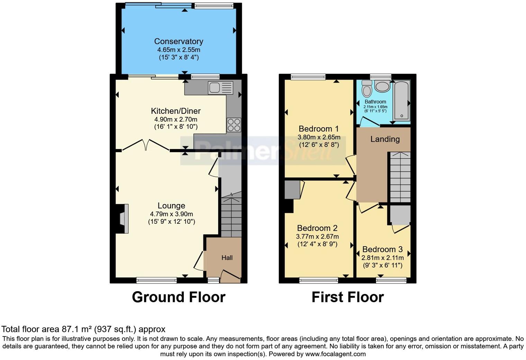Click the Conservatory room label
179,41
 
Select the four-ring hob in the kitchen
234,125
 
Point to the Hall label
227,258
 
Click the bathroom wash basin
382,86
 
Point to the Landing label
385,139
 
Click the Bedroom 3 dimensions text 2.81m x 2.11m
382,258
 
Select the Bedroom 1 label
319,129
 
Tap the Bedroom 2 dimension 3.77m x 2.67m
317,237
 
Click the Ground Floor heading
179,297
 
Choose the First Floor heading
347,297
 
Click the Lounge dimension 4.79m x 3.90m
171,214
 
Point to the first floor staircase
400,177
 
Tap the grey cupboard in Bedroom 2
292,190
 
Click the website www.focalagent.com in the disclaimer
335,354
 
